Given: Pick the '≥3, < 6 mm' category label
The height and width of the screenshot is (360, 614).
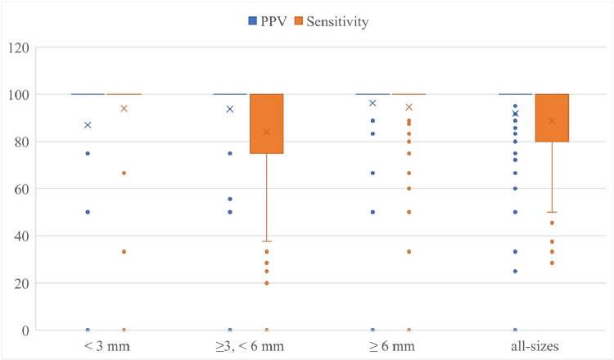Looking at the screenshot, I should (249, 347).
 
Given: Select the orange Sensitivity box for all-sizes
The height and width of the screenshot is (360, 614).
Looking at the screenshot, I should (552, 118).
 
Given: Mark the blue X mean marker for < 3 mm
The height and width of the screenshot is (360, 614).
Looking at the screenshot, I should (88, 125).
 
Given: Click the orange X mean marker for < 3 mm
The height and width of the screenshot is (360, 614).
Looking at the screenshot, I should (124, 109).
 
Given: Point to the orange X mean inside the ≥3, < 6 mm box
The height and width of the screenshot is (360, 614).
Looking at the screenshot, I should (267, 132).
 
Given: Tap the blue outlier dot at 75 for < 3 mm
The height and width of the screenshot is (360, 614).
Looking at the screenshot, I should (88, 153).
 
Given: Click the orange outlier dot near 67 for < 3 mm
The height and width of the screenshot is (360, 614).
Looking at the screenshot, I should (124, 173).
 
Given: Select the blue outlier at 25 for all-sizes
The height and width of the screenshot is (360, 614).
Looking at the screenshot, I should (515, 271).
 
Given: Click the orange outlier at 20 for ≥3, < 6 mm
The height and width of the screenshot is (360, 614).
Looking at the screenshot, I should (267, 283).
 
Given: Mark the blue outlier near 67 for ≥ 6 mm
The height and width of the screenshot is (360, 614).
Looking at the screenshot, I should (372, 173).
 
